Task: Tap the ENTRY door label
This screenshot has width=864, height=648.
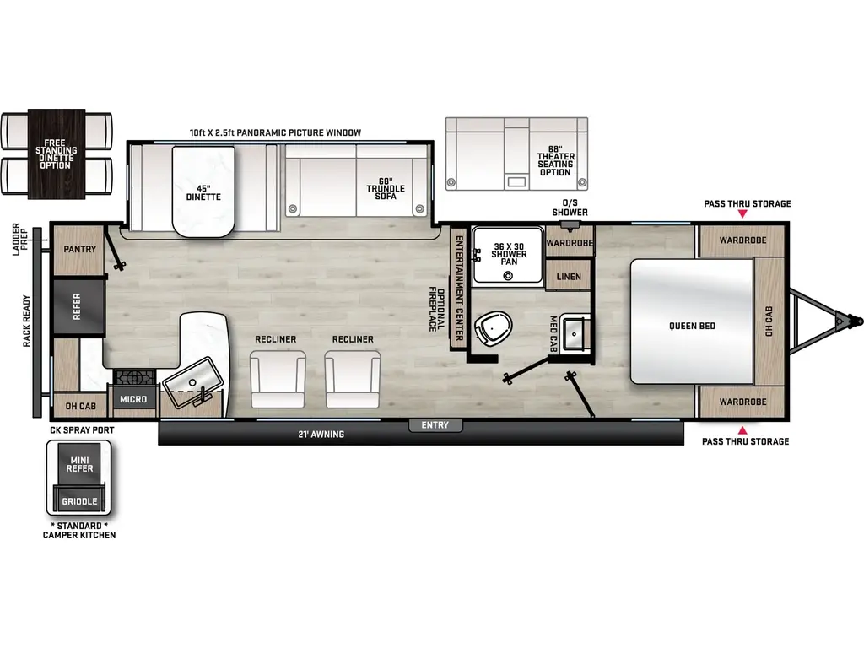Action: coord(435,425)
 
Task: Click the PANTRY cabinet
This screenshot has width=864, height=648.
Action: coord(80,250)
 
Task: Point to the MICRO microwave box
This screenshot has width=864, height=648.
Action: coord(132,399)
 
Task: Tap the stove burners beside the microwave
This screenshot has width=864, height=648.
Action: coord(132,376)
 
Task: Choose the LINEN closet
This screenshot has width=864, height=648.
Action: coord(570,276)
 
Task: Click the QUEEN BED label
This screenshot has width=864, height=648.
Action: coord(692,326)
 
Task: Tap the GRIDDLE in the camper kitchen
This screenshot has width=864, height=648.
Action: coord(80,500)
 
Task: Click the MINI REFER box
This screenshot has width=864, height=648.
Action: coord(80,463)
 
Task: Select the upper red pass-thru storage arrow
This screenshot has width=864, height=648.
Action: coord(742,215)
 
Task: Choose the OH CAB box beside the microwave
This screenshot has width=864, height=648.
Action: coord(80,406)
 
